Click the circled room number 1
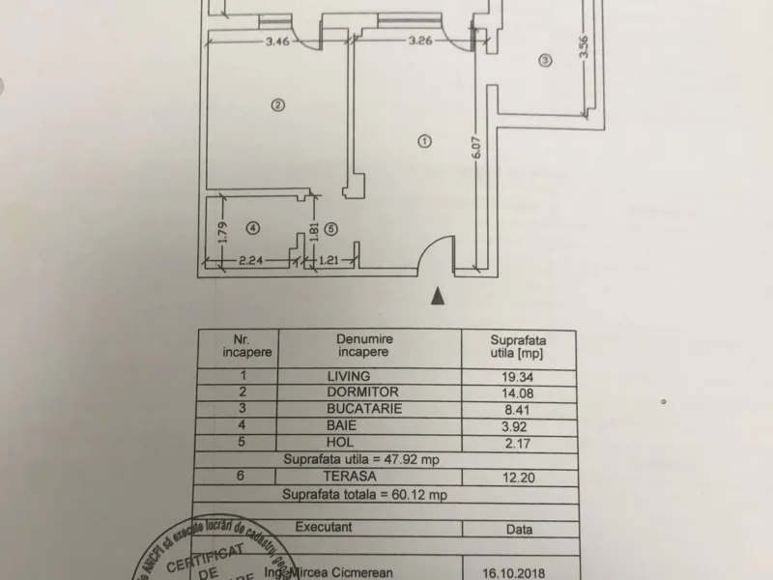pyautogui.click(x=422, y=140)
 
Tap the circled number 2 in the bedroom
pyautogui.click(x=277, y=105)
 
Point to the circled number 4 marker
pyautogui.click(x=253, y=229)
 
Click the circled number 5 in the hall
pyautogui.click(x=330, y=229)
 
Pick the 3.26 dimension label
pyautogui.click(x=419, y=42)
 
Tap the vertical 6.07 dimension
pyautogui.click(x=476, y=152)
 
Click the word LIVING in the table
pyautogui.click(x=350, y=375)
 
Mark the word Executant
pyautogui.click(x=324, y=528)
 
